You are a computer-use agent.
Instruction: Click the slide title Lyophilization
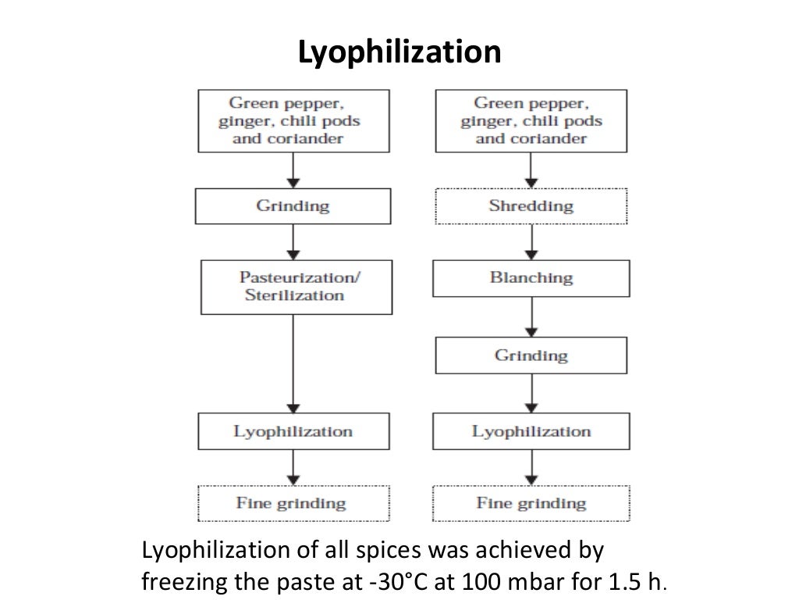tap(399, 53)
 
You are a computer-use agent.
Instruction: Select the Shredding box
tap(531, 206)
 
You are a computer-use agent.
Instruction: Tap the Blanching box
tap(531, 277)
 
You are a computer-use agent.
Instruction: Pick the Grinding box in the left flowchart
tap(293, 206)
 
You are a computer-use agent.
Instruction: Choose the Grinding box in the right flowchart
tap(531, 355)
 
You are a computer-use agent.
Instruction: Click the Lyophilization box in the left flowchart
tap(293, 431)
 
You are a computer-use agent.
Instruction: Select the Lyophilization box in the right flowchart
tap(531, 431)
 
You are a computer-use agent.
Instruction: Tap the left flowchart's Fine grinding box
tap(293, 503)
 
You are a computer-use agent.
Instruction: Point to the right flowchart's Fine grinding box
tap(531, 503)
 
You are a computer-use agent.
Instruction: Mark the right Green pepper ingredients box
tap(531, 121)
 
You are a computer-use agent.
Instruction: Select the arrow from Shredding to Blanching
tap(531, 241)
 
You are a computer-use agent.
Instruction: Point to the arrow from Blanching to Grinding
tap(531, 316)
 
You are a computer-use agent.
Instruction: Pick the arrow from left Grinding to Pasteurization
tap(293, 241)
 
